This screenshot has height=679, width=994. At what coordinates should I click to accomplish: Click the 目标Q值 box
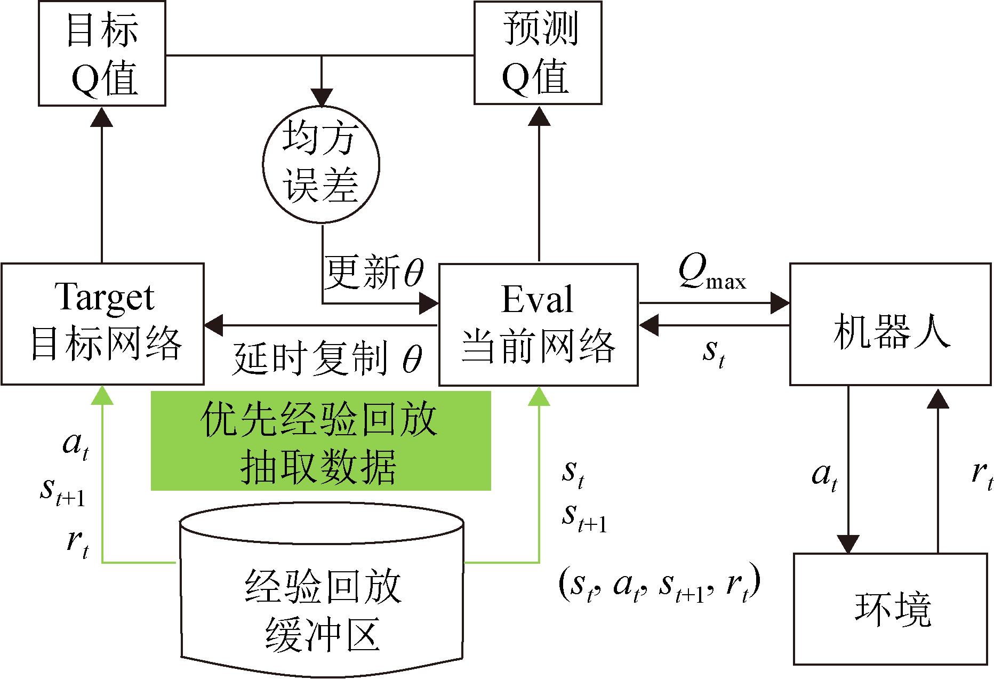[x=102, y=53]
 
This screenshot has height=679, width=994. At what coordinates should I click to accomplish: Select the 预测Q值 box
[x=538, y=53]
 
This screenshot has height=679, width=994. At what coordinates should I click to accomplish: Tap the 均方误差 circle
[x=320, y=166]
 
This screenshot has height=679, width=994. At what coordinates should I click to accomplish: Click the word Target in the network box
[x=105, y=297]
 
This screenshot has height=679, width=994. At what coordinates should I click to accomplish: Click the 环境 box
[x=892, y=609]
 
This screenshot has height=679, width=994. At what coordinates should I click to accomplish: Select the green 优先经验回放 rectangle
[x=320, y=441]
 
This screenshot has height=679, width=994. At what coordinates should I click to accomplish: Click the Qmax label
[x=712, y=274]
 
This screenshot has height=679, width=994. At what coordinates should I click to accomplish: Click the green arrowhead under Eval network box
[x=539, y=395]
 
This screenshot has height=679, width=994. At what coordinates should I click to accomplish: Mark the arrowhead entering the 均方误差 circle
[x=322, y=98]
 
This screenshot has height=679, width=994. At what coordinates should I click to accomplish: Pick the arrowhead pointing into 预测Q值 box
[x=539, y=116]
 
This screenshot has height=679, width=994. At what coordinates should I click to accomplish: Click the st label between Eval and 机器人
[x=714, y=353]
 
